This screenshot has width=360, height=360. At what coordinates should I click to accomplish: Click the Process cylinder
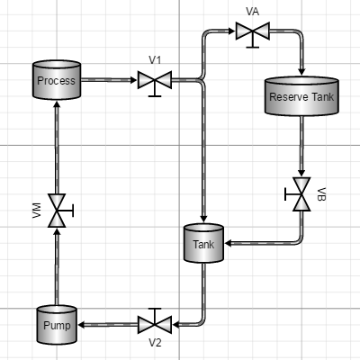point(57,80)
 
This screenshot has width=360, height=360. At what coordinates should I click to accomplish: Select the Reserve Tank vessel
point(301,96)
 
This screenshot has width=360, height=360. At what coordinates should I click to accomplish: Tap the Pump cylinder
point(57,325)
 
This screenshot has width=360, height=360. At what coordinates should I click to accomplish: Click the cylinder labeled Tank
point(203,243)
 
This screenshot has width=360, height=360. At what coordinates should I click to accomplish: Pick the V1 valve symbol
point(155,84)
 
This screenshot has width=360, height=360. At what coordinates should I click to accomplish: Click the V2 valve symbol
point(155,321)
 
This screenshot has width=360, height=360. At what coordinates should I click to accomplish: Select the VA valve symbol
point(253,34)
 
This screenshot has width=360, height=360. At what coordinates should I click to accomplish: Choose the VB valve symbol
point(298,194)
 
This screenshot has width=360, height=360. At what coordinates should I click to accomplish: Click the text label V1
point(155,60)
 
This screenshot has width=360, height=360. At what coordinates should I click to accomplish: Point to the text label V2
point(155,343)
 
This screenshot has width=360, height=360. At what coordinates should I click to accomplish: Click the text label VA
point(253,12)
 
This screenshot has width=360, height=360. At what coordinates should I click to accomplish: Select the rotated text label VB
point(321,194)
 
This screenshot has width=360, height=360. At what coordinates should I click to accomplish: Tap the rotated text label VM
point(37,211)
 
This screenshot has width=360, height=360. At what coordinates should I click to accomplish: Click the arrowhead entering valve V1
point(134,80)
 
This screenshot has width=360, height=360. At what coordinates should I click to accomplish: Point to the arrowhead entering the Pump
point(81,325)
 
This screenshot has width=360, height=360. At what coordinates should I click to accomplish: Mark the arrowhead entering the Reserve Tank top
point(301,72)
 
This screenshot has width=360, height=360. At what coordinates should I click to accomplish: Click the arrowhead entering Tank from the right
point(228,243)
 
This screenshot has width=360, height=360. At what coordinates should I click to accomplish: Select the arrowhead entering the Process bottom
point(57,103)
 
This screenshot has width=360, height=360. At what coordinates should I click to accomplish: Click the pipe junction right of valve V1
point(202,80)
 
